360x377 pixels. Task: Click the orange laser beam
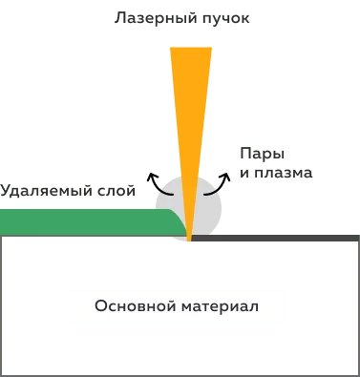190,105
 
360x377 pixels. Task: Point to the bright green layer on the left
76,220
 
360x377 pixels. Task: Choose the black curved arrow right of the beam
222,179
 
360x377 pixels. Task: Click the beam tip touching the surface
190,241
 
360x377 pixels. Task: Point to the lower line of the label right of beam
274,174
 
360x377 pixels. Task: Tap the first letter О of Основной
100,307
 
